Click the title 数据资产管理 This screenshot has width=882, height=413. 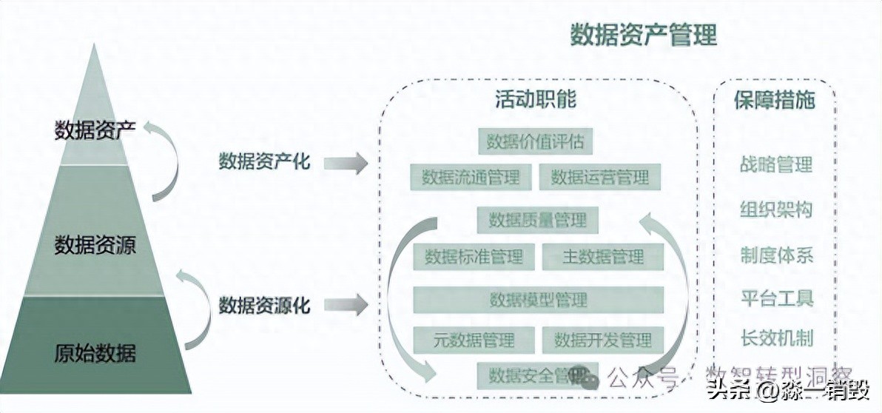(643, 35)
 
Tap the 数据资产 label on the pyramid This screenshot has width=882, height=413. (95, 131)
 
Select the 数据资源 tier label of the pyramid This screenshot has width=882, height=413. (95, 245)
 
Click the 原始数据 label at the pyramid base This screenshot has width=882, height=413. (95, 353)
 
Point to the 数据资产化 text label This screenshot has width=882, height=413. (264, 162)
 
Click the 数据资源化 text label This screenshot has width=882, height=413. (264, 304)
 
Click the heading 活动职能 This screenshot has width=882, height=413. (536, 100)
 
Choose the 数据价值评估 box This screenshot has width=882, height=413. (536, 141)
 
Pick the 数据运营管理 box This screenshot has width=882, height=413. (599, 177)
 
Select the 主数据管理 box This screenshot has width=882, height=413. (603, 257)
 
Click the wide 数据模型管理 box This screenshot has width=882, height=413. (538, 299)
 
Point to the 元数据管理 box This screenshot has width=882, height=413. (474, 340)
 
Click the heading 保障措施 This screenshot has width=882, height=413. (774, 100)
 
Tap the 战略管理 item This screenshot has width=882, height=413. (776, 164)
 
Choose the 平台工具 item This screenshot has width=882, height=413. (776, 298)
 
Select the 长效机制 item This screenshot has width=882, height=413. (776, 339)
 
